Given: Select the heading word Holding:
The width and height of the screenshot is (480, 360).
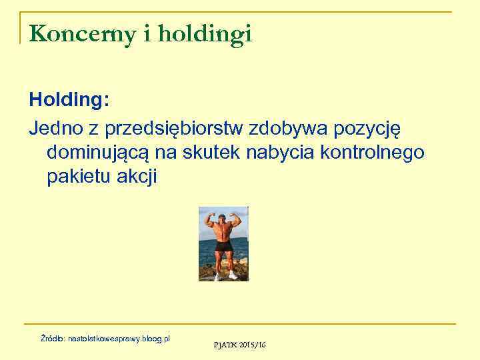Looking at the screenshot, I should point(69,101).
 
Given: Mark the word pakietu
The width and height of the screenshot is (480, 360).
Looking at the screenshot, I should point(75,178).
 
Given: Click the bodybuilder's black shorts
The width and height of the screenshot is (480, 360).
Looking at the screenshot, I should point(224,246).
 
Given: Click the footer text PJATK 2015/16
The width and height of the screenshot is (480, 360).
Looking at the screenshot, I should point(239,345).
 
